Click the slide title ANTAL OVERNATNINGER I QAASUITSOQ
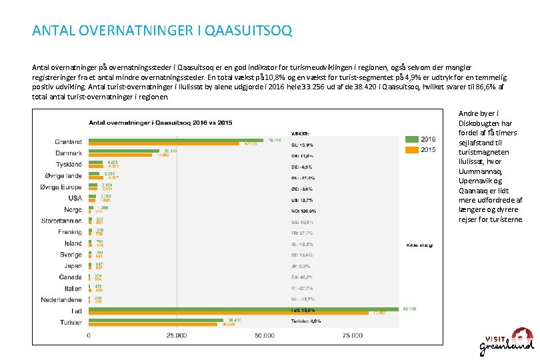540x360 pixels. (x=162, y=31)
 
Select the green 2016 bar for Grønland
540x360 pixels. (x=177, y=139)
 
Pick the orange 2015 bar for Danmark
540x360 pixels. (x=123, y=155)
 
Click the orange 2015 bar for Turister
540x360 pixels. (x=155, y=324)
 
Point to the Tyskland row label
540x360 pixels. (x=69, y=165)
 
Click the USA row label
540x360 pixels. (x=75, y=198)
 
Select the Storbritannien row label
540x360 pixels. (x=61, y=221)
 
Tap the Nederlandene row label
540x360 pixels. (x=61, y=299)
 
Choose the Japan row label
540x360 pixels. (x=72, y=266)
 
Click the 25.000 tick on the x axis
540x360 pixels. (x=176, y=335)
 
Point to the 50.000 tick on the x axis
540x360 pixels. (x=264, y=335)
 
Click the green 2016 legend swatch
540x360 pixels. (x=410, y=139)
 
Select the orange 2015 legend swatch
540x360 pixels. (x=410, y=150)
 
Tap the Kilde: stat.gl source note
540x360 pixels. (x=419, y=245)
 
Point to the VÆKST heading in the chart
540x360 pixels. (x=299, y=132)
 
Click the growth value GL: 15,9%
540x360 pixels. (x=301, y=145)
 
